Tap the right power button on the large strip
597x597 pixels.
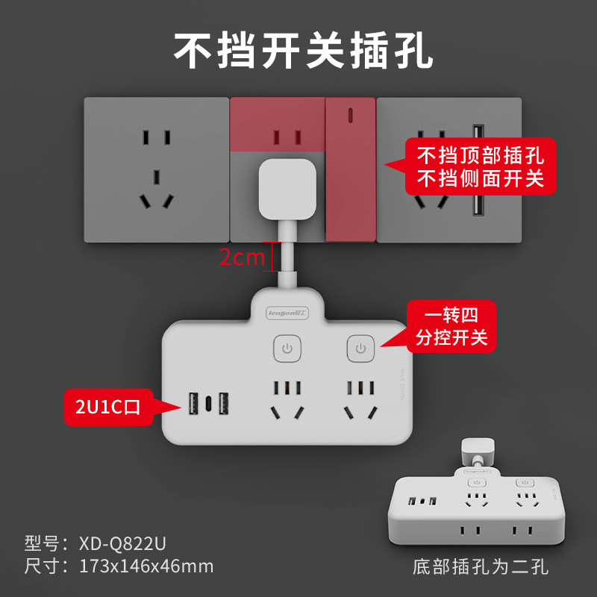tap(360, 349)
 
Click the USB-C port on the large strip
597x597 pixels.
tap(209, 404)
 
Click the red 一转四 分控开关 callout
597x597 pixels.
tap(449, 326)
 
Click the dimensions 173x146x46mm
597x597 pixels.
tap(146, 565)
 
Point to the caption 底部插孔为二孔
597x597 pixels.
tap(480, 567)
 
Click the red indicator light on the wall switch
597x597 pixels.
tap(348, 116)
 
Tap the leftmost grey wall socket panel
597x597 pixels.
tap(156, 169)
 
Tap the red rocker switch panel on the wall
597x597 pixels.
tap(349, 169)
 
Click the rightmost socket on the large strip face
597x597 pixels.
tap(360, 400)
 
